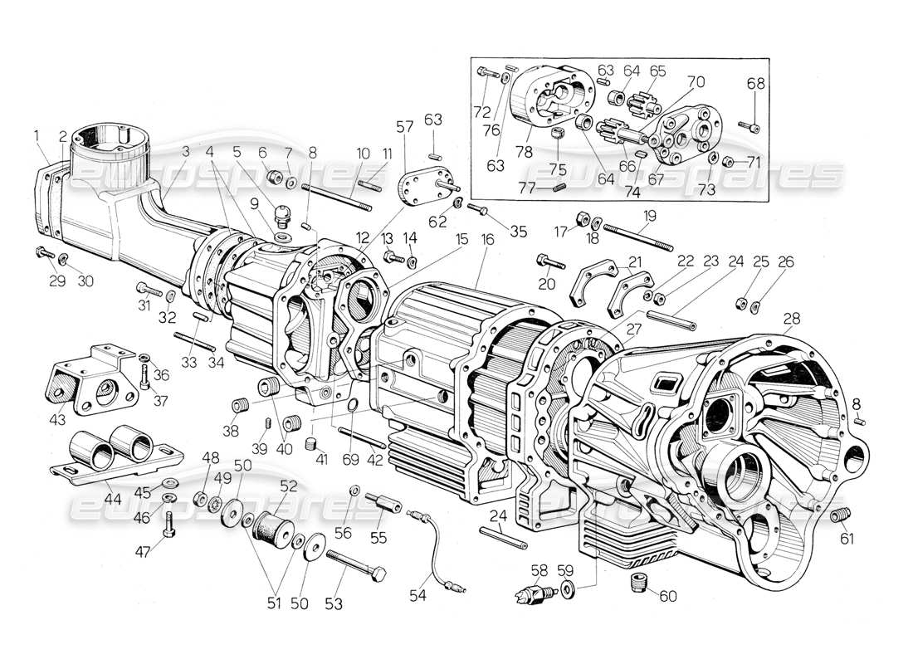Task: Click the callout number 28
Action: click(x=791, y=317)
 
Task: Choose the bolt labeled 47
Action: click(x=169, y=524)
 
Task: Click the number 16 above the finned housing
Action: click(x=486, y=239)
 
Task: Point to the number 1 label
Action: click(x=37, y=135)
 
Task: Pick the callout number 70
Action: click(x=696, y=82)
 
